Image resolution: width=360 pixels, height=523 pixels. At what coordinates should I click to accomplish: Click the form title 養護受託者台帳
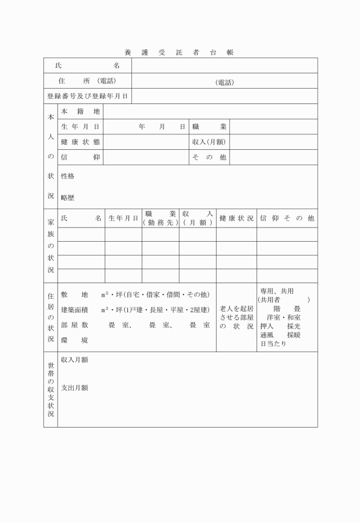pyautogui.click(x=179, y=52)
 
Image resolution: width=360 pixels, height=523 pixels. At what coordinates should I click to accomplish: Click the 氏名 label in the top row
pyautogui.click(x=87, y=66)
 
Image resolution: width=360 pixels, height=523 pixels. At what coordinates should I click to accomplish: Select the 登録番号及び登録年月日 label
pyautogui.click(x=87, y=96)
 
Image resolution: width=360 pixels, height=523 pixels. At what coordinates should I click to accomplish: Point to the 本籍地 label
pyautogui.click(x=80, y=111)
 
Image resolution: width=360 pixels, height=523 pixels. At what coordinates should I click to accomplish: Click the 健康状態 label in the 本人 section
pyautogui.click(x=80, y=142)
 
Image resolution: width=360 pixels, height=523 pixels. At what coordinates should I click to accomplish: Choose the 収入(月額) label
pyautogui.click(x=209, y=142)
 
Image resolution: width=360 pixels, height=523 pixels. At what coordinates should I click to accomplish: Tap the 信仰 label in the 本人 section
pyautogui.click(x=80, y=157)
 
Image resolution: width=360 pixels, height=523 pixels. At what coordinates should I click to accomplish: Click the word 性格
pyautogui.click(x=67, y=176)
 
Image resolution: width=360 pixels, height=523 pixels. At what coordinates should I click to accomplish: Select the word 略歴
pyautogui.click(x=67, y=198)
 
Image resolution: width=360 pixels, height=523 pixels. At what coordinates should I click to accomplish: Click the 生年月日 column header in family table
pyautogui.click(x=123, y=218)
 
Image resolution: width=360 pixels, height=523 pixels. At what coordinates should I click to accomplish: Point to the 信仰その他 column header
pyautogui.click(x=287, y=218)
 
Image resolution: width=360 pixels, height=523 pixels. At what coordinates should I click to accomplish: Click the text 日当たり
pyautogui.click(x=273, y=344)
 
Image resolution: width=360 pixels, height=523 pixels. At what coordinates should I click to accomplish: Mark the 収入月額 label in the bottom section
pyautogui.click(x=74, y=360)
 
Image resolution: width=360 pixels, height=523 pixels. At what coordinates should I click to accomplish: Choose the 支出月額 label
pyautogui.click(x=74, y=388)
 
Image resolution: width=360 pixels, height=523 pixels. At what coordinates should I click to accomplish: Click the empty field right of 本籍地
pyautogui.click(x=210, y=111)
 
